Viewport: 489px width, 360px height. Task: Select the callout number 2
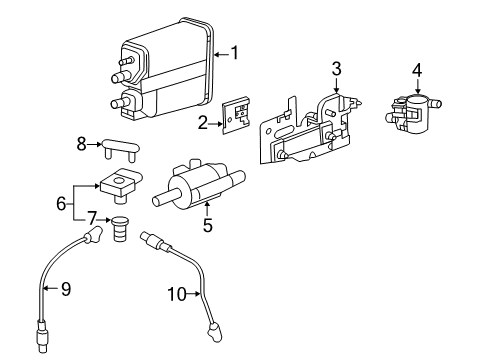[201, 124]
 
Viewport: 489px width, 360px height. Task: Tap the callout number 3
[337, 69]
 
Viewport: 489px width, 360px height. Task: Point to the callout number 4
[417, 71]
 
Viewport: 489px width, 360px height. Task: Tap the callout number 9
[65, 289]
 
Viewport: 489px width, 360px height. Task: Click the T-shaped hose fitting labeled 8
[118, 151]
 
